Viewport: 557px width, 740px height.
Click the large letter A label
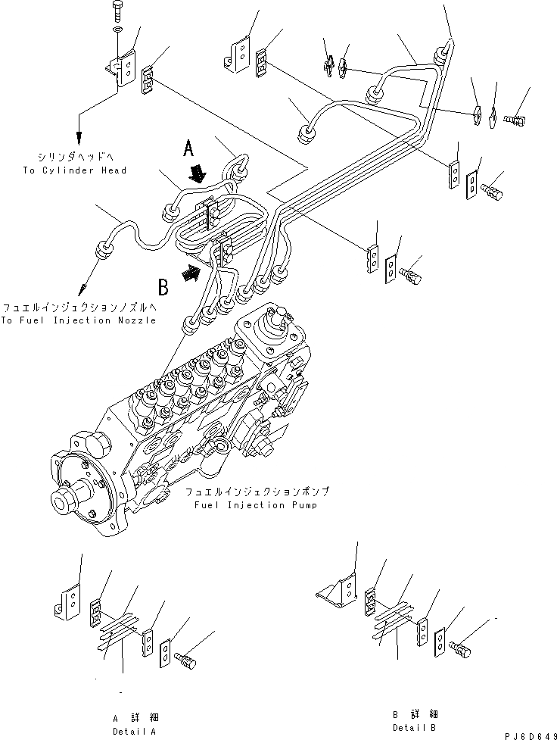[x=190, y=148]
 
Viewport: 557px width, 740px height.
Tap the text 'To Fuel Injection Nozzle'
[x=79, y=320]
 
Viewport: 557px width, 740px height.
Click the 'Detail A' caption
[x=134, y=731]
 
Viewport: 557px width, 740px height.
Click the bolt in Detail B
[x=459, y=648]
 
